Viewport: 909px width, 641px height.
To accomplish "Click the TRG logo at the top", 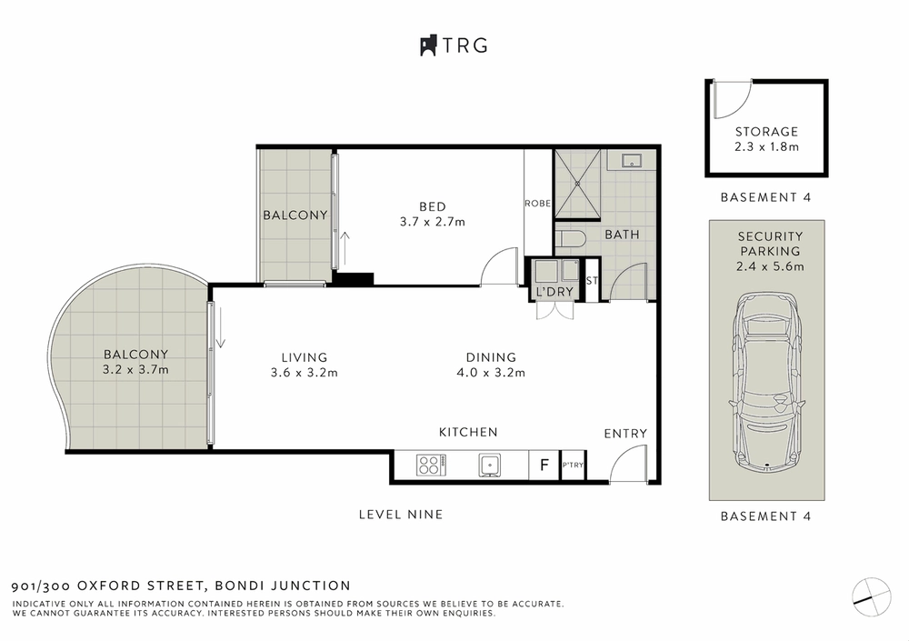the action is [x=454, y=45].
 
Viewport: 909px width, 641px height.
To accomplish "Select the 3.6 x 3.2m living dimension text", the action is [x=305, y=372].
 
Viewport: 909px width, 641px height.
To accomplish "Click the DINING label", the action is [x=491, y=357].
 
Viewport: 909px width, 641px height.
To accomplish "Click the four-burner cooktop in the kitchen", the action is [x=428, y=466].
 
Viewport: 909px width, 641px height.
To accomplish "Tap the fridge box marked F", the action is [x=544, y=466].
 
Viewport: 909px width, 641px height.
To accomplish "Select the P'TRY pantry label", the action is [x=572, y=466].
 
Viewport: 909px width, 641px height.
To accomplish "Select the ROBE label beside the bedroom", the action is [x=537, y=204].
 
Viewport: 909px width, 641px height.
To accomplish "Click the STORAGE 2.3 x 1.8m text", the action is [x=766, y=138].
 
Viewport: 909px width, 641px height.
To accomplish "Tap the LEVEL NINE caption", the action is [x=401, y=515].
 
